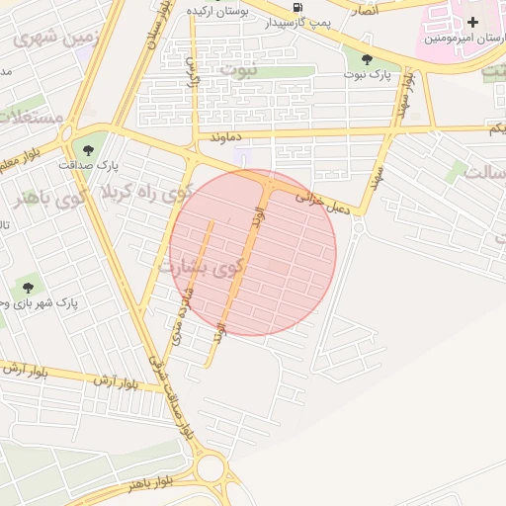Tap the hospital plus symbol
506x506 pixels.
tap(472, 22)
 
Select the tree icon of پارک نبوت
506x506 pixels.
tap(367, 58)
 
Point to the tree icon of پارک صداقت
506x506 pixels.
tap(89, 149)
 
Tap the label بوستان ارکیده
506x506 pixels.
tap(216, 9)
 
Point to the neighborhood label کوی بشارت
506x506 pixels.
tap(199, 267)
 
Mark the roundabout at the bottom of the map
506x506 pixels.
tap(211, 467)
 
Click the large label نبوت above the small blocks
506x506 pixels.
tap(237, 69)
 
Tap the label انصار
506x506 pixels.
tap(360, 9)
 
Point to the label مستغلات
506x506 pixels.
tap(30, 117)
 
